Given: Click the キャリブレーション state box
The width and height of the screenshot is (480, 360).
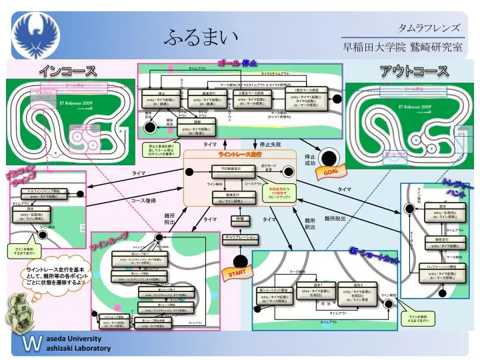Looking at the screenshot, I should click(240, 237).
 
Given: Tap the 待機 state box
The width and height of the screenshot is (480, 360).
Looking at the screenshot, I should click(240, 219).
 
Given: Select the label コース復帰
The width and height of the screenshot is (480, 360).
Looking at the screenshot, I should click(143, 200).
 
